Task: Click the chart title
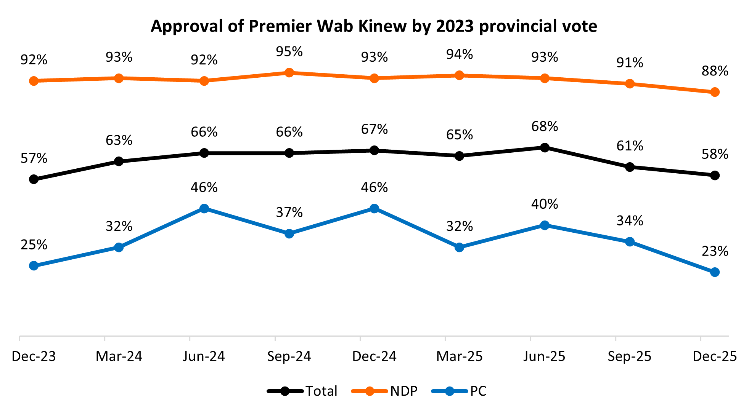pos(374,26)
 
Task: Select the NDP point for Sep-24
pos(289,73)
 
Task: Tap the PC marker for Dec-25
pos(715,272)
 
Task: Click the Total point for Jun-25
pos(545,147)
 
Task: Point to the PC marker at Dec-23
pos(34,265)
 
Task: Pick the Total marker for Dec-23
pos(34,179)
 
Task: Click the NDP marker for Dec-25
pos(715,92)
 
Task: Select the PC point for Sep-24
pos(289,233)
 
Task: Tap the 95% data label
pos(289,51)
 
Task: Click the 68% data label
pos(545,126)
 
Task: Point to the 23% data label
pos(715,251)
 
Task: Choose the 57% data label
pos(34,158)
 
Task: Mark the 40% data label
pos(545,204)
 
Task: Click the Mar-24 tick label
pos(119,356)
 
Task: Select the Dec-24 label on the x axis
pos(374,356)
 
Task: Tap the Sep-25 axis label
pos(630,356)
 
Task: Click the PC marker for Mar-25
pos(460,247)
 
